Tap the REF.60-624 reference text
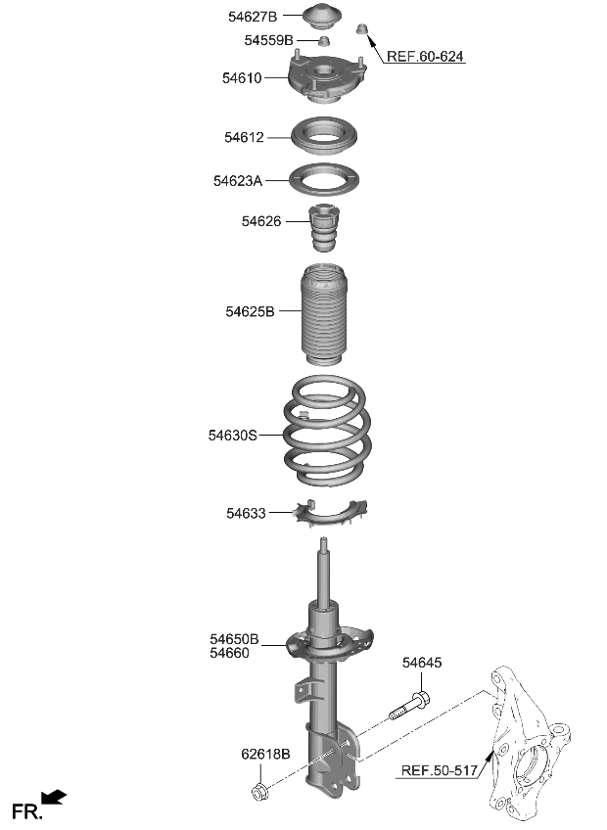[425, 57]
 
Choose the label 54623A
[238, 181]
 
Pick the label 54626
[261, 222]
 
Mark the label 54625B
[250, 311]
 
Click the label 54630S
[232, 435]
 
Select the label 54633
[246, 512]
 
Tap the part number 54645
[422, 663]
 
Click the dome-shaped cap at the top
[324, 19]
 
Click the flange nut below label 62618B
[261, 789]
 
